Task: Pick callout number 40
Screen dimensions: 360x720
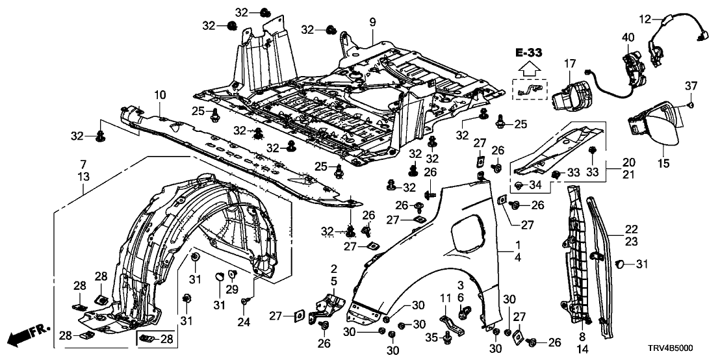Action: [x=628, y=37]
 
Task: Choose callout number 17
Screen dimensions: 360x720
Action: [x=569, y=64]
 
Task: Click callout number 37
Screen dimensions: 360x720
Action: [x=691, y=87]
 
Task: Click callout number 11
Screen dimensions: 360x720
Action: [x=446, y=298]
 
